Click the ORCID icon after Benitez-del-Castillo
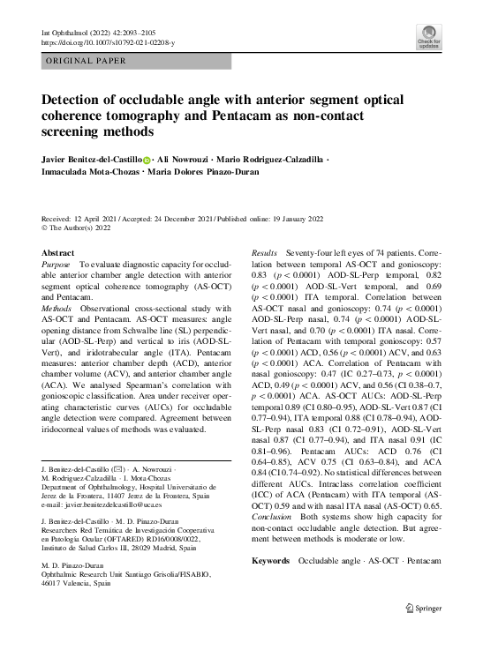pyautogui.click(x=147, y=160)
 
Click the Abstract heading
pyautogui.click(x=58, y=253)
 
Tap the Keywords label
pyautogui.click(x=270, y=536)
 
